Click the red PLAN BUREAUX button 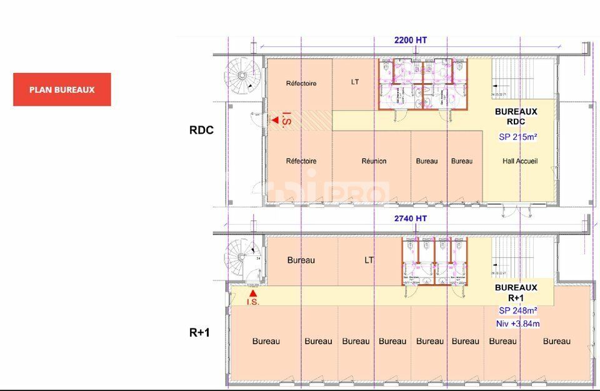tap(62, 89)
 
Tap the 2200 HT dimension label tap(411, 40)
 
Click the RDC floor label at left tap(201, 131)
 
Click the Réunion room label tap(374, 161)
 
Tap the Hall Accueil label tap(520, 161)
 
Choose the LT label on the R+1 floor tap(369, 260)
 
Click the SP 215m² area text tap(518, 137)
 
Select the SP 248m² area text tap(518, 310)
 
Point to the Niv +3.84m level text tap(518, 323)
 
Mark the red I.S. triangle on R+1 tap(253, 292)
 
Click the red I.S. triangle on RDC tap(274, 119)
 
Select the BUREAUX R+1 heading tap(516, 293)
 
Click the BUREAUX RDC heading tap(516, 116)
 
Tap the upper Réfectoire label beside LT tap(301, 83)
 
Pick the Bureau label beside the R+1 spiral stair tap(301, 260)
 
